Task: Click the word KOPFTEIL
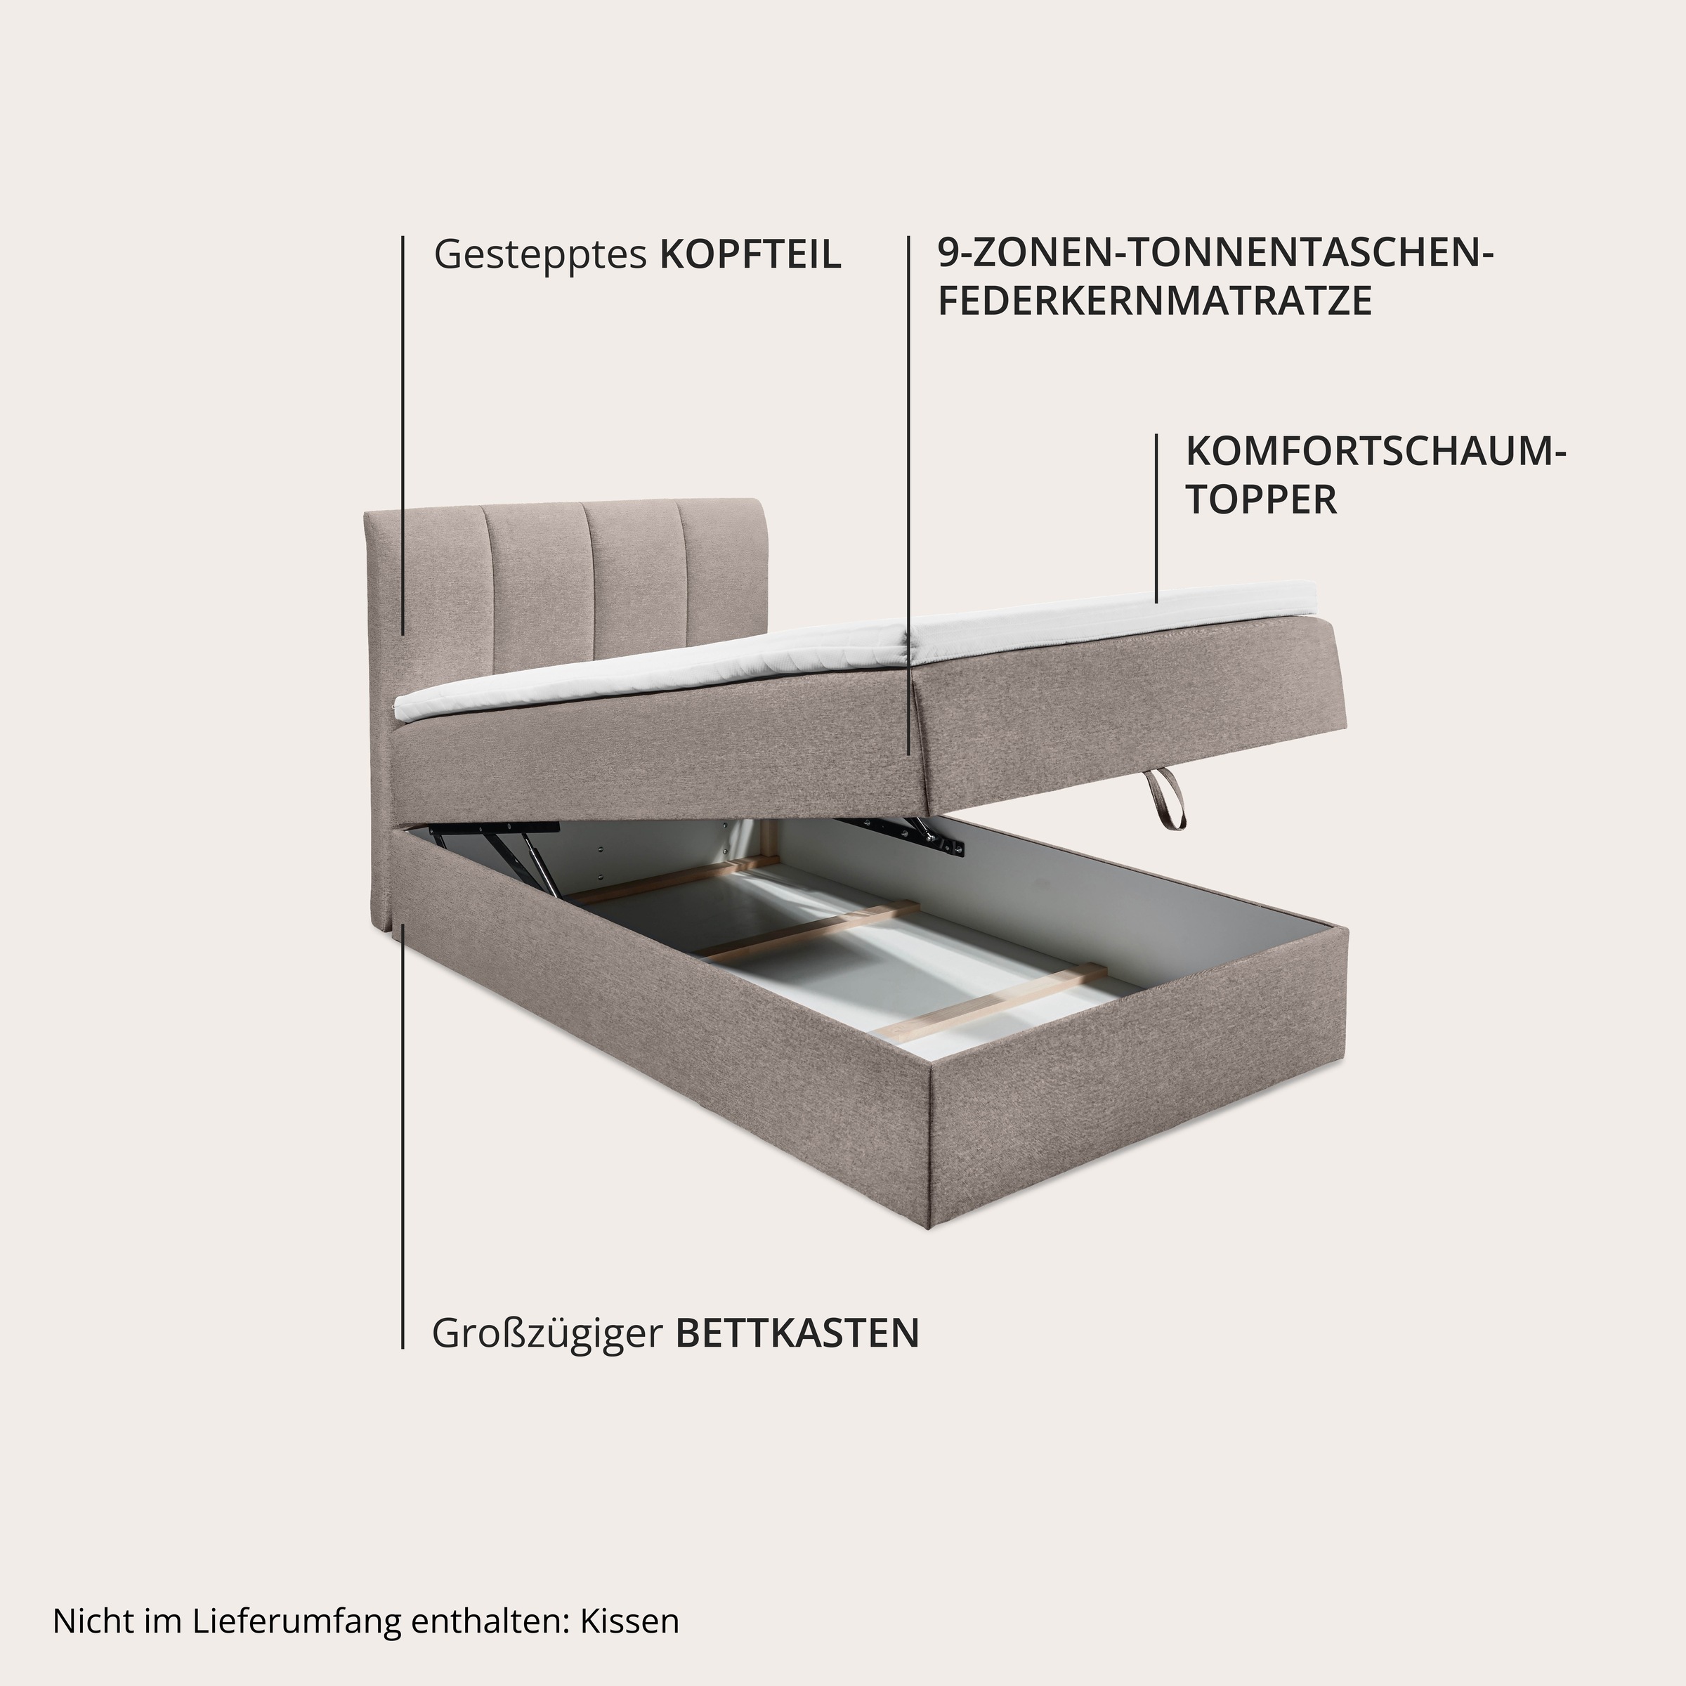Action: [x=750, y=255]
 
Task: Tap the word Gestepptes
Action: [x=540, y=255]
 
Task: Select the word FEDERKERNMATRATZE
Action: [x=1154, y=301]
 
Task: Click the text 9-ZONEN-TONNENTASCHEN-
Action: [x=1215, y=254]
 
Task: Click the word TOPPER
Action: [x=1260, y=500]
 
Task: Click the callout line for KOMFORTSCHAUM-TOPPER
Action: [x=1156, y=518]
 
